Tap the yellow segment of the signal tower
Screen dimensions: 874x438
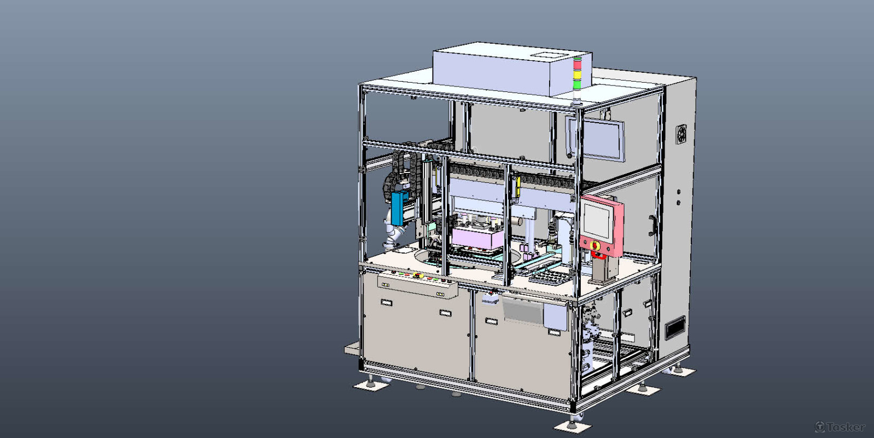coord(577,74)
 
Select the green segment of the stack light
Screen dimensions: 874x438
coord(577,84)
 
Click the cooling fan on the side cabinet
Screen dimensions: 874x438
coord(681,134)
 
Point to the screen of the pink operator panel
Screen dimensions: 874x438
coord(597,220)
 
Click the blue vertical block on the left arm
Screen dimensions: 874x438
coord(397,208)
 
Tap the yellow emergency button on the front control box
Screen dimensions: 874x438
coord(416,275)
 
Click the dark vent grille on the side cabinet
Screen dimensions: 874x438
coord(675,327)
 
